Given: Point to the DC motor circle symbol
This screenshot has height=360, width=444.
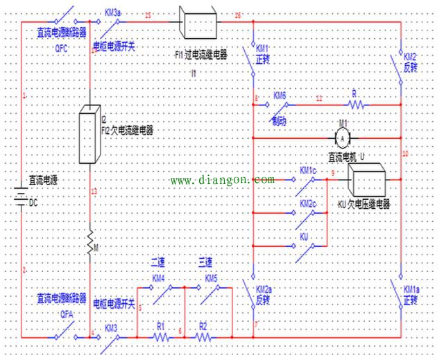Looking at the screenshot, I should pyautogui.click(x=341, y=137).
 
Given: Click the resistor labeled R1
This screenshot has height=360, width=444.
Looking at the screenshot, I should pyautogui.click(x=161, y=336).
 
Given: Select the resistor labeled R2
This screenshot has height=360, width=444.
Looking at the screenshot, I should pyautogui.click(x=203, y=336).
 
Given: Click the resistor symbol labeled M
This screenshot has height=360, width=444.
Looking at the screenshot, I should pyautogui.click(x=90, y=243).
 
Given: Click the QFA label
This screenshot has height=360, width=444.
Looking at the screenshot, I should pyautogui.click(x=67, y=312).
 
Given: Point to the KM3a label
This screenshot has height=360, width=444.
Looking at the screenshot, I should pyautogui.click(x=113, y=12).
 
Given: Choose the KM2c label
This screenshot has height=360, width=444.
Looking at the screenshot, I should pyautogui.click(x=308, y=204).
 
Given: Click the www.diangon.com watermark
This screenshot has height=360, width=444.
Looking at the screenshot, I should pyautogui.click(x=222, y=180).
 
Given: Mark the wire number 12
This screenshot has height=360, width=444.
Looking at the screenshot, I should pyautogui.click(x=319, y=99).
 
